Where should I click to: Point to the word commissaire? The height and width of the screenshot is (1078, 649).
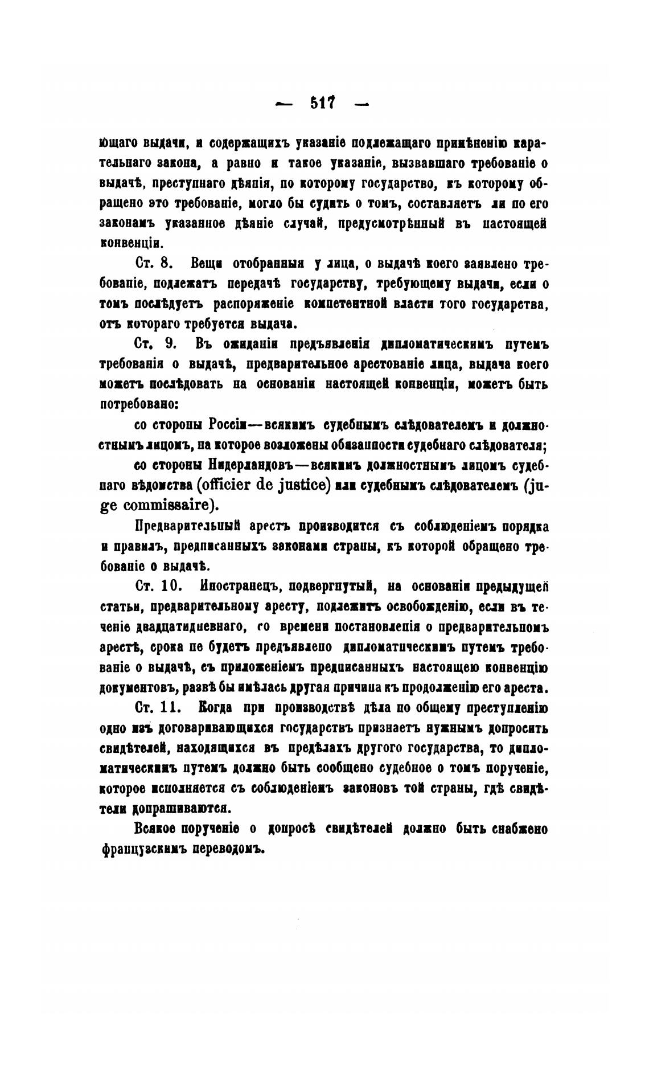pos(169,505)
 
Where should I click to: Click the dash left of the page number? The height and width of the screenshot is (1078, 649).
pos(283,104)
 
